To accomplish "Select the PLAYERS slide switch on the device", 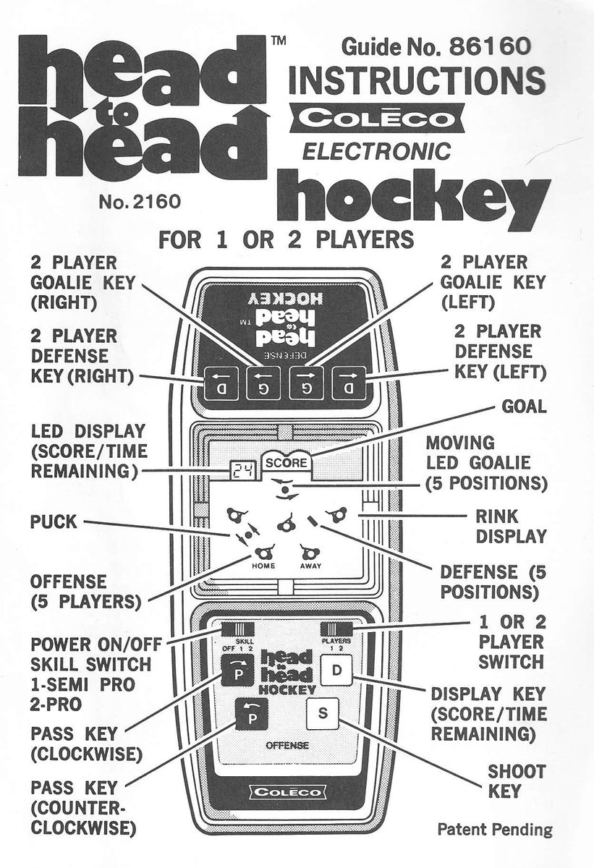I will point(337,629).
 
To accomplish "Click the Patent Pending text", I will point(494,829).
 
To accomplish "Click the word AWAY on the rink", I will point(310,566).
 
